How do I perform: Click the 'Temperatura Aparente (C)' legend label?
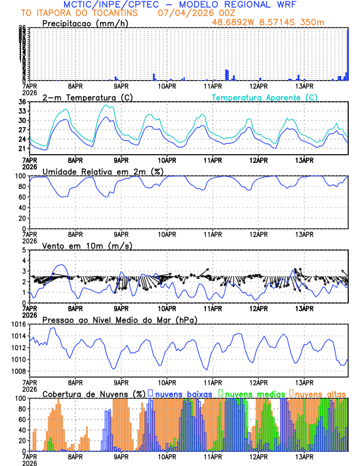click(x=265, y=97)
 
